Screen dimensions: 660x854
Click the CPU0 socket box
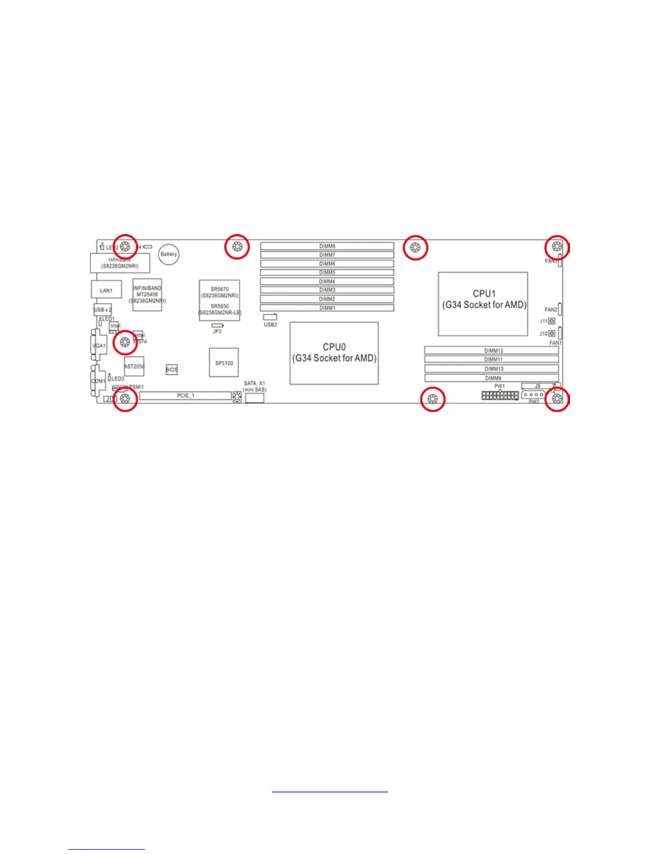pyautogui.click(x=334, y=353)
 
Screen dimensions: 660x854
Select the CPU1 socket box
pyautogui.click(x=483, y=304)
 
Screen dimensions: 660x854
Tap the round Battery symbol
pyautogui.click(x=168, y=254)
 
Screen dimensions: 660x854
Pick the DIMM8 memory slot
pyautogui.click(x=327, y=246)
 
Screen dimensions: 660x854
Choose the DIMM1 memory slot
pyautogui.click(x=327, y=308)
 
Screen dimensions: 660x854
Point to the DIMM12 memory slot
pyautogui.click(x=491, y=350)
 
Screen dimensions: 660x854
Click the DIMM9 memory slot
pyautogui.click(x=491, y=378)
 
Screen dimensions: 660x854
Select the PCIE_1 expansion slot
pyautogui.click(x=185, y=396)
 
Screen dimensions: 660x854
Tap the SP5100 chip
pyautogui.click(x=224, y=363)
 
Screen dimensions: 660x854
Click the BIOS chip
pyautogui.click(x=171, y=369)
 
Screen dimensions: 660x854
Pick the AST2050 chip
pyautogui.click(x=134, y=367)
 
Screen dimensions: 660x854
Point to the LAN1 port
pyautogui.click(x=106, y=290)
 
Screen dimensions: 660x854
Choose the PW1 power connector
pyautogui.click(x=500, y=396)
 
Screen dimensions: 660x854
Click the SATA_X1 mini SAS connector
pyautogui.click(x=255, y=398)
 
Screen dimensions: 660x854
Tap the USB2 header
pyautogui.click(x=270, y=317)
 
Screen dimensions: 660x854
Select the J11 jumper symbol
pyautogui.click(x=552, y=321)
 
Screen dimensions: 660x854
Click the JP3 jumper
pyautogui.click(x=217, y=326)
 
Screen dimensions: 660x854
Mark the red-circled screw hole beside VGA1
pyautogui.click(x=125, y=342)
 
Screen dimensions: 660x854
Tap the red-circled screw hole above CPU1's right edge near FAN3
pyautogui.click(x=557, y=247)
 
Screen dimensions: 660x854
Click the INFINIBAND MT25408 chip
pyautogui.click(x=147, y=294)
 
